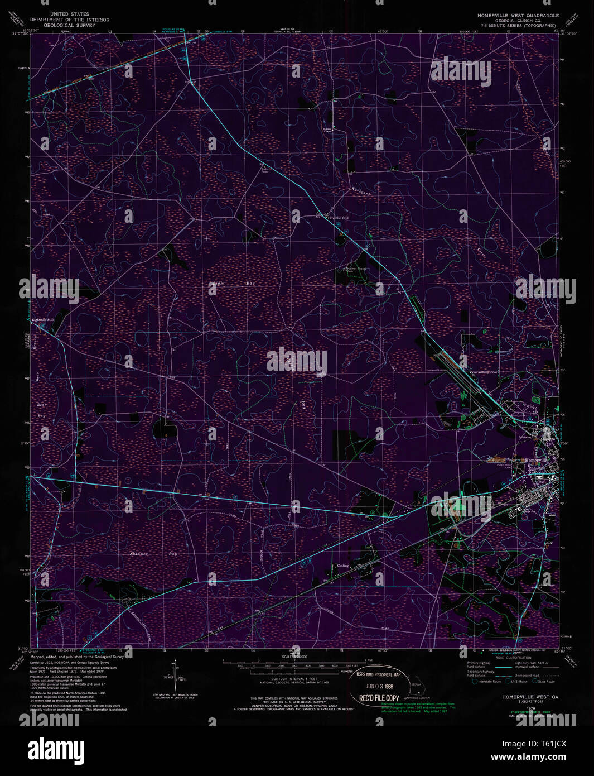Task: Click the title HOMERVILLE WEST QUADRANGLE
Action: pos(514,15)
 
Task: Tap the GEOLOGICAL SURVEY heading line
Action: pos(69,25)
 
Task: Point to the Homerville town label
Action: pos(537,459)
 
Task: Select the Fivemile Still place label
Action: pos(338,218)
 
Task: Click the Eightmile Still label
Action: pos(42,320)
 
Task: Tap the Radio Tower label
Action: pos(265,170)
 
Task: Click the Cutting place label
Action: pos(342,566)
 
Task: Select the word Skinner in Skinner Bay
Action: pos(138,553)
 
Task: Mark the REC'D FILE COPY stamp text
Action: pos(379,698)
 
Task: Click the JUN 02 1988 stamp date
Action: pos(379,686)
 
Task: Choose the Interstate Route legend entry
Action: pos(487,682)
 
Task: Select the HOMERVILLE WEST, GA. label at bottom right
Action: pos(523,697)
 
